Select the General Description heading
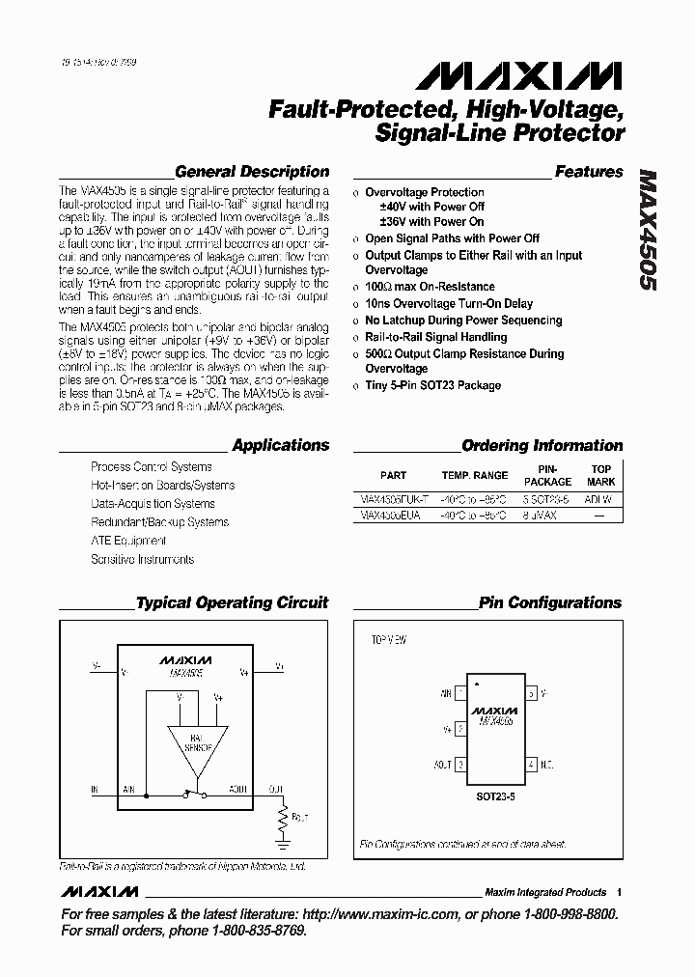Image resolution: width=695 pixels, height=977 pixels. click(x=252, y=172)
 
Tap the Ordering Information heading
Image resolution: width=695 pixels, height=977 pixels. click(x=542, y=446)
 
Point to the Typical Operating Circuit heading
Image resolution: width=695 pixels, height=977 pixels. click(x=233, y=603)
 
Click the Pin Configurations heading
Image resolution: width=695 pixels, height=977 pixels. click(x=550, y=603)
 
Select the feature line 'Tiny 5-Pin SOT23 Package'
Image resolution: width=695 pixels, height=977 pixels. click(x=432, y=386)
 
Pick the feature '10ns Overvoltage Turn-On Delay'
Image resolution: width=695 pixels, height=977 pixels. click(x=449, y=304)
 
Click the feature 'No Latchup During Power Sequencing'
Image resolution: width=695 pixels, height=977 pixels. click(x=463, y=321)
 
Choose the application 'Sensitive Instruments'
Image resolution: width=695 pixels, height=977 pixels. click(x=142, y=559)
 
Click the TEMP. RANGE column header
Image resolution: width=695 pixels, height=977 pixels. click(x=474, y=475)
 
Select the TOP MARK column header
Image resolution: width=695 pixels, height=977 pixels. click(x=601, y=474)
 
